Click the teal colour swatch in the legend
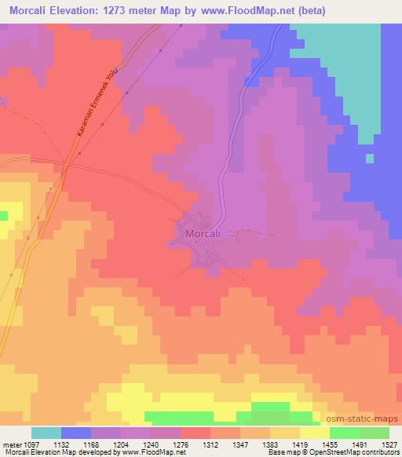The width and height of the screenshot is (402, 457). (46, 433)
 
